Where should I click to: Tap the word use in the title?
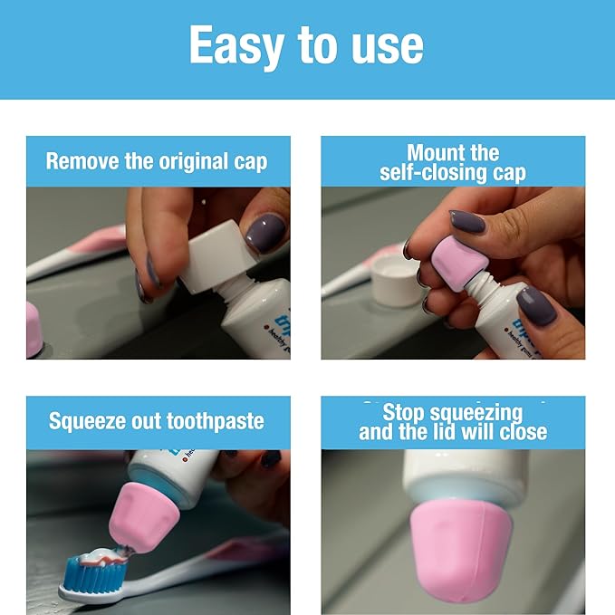[389, 45]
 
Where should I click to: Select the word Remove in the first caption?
[82, 162]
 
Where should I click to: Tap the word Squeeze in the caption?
[90, 421]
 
